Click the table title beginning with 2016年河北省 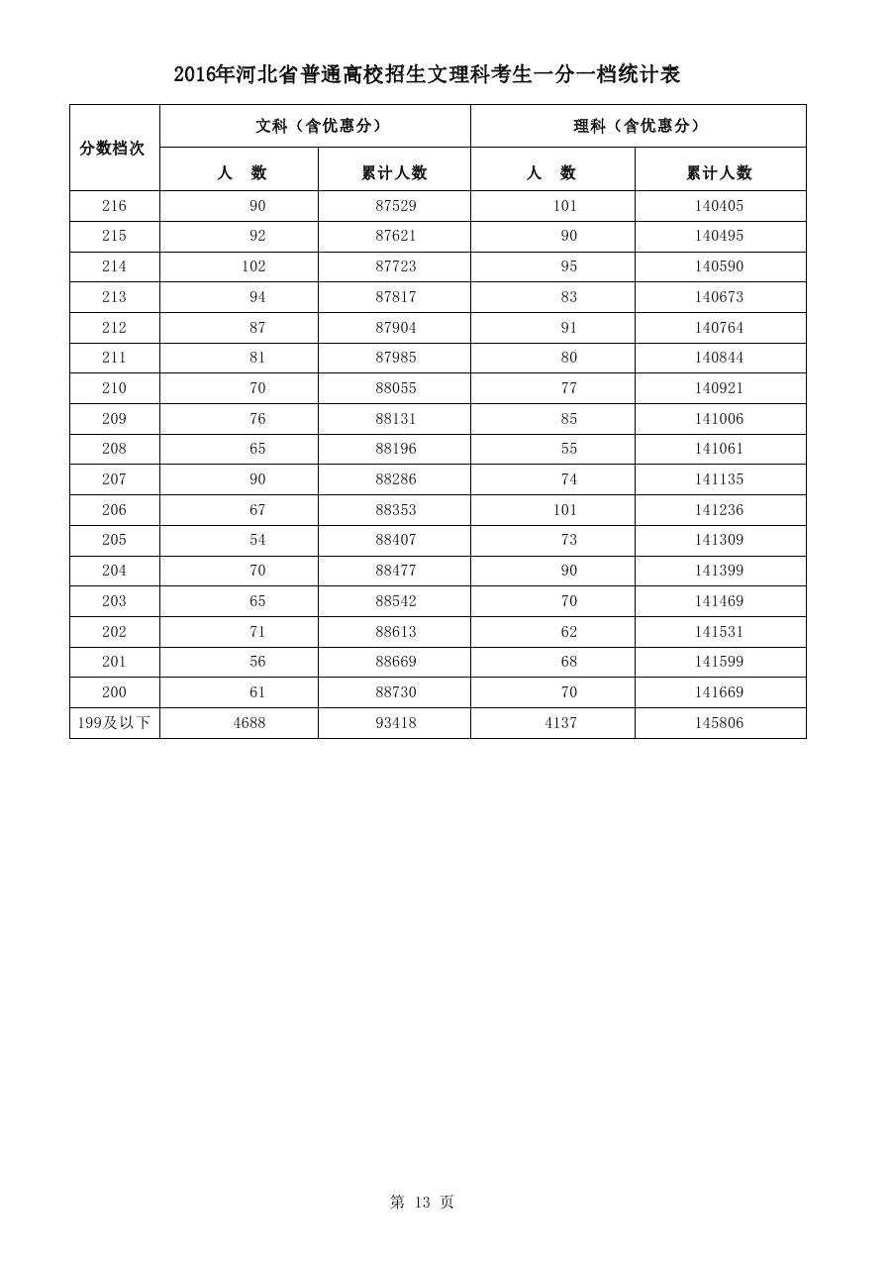tap(427, 74)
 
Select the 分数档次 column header tap(112, 148)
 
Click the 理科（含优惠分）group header tap(638, 126)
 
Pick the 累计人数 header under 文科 tap(394, 172)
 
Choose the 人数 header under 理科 tap(551, 172)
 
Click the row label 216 tap(114, 206)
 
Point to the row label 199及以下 tap(114, 723)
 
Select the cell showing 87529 tap(396, 206)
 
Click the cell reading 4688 tap(249, 723)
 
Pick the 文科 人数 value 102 tap(253, 266)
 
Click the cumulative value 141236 tap(719, 510)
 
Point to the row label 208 tap(114, 449)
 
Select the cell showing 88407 tap(396, 540)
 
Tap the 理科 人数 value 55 tap(568, 449)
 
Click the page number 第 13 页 tap(422, 1202)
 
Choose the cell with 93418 tap(396, 723)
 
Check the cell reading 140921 tap(719, 388)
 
